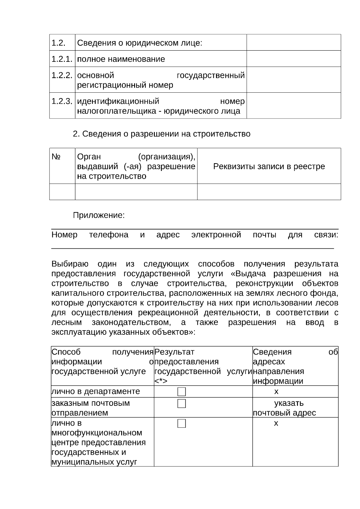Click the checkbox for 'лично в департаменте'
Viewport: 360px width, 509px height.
pos(181,392)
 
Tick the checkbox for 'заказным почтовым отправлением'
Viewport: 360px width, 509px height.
pos(181,404)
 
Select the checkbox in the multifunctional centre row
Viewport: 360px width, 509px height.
pos(181,424)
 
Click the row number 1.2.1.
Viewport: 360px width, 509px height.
pos(62,59)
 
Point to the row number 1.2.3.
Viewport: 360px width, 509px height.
pos(62,101)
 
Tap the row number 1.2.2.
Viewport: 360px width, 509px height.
pos(62,75)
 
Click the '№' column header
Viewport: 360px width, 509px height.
pos(56,157)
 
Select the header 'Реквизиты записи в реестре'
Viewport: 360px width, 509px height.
pos(269,166)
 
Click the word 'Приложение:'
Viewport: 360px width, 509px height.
pos(99,215)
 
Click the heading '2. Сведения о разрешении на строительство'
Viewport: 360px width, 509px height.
pos(161,134)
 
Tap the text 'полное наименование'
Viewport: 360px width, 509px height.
pos(121,59)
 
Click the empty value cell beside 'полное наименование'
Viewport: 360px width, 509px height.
pos(293,59)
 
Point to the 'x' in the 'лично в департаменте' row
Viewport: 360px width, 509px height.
pos(276,391)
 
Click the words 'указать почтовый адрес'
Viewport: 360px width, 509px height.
pos(284,408)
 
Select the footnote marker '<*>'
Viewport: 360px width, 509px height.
pos(161,381)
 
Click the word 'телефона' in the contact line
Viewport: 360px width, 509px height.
pos(109,235)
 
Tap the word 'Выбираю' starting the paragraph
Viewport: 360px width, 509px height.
pos(70,264)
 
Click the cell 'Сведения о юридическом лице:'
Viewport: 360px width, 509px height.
pos(140,43)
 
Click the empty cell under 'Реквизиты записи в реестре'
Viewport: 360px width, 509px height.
pos(269,192)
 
